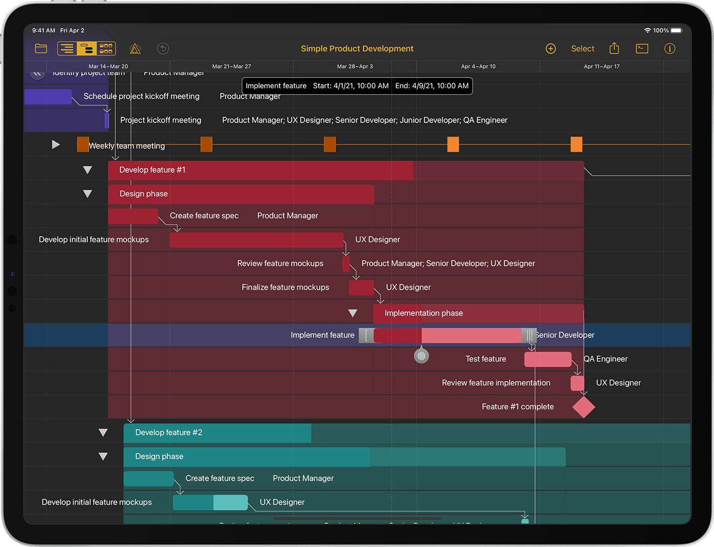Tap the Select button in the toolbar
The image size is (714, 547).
point(582,48)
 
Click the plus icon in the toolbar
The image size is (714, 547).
point(551,48)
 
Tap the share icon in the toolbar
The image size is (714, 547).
point(614,48)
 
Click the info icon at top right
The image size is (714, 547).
point(670,48)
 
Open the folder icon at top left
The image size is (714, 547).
point(41,48)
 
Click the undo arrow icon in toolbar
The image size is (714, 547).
point(163,48)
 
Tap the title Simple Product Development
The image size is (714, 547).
point(357,48)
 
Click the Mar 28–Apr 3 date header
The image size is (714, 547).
point(355,66)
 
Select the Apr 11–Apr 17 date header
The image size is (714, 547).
point(601,66)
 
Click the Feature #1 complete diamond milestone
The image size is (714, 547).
point(583,407)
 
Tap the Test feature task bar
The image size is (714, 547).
point(548,359)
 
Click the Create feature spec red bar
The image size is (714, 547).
point(133,216)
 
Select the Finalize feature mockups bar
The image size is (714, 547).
point(361,288)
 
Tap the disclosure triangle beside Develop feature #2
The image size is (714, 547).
point(103,433)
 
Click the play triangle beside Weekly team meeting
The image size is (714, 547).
point(56,145)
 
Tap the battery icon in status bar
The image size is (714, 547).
point(676,31)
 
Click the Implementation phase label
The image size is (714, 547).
point(424,313)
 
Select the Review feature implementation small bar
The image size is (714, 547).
point(577,383)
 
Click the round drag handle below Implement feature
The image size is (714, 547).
point(421,355)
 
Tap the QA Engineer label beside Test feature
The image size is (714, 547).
point(605,359)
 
